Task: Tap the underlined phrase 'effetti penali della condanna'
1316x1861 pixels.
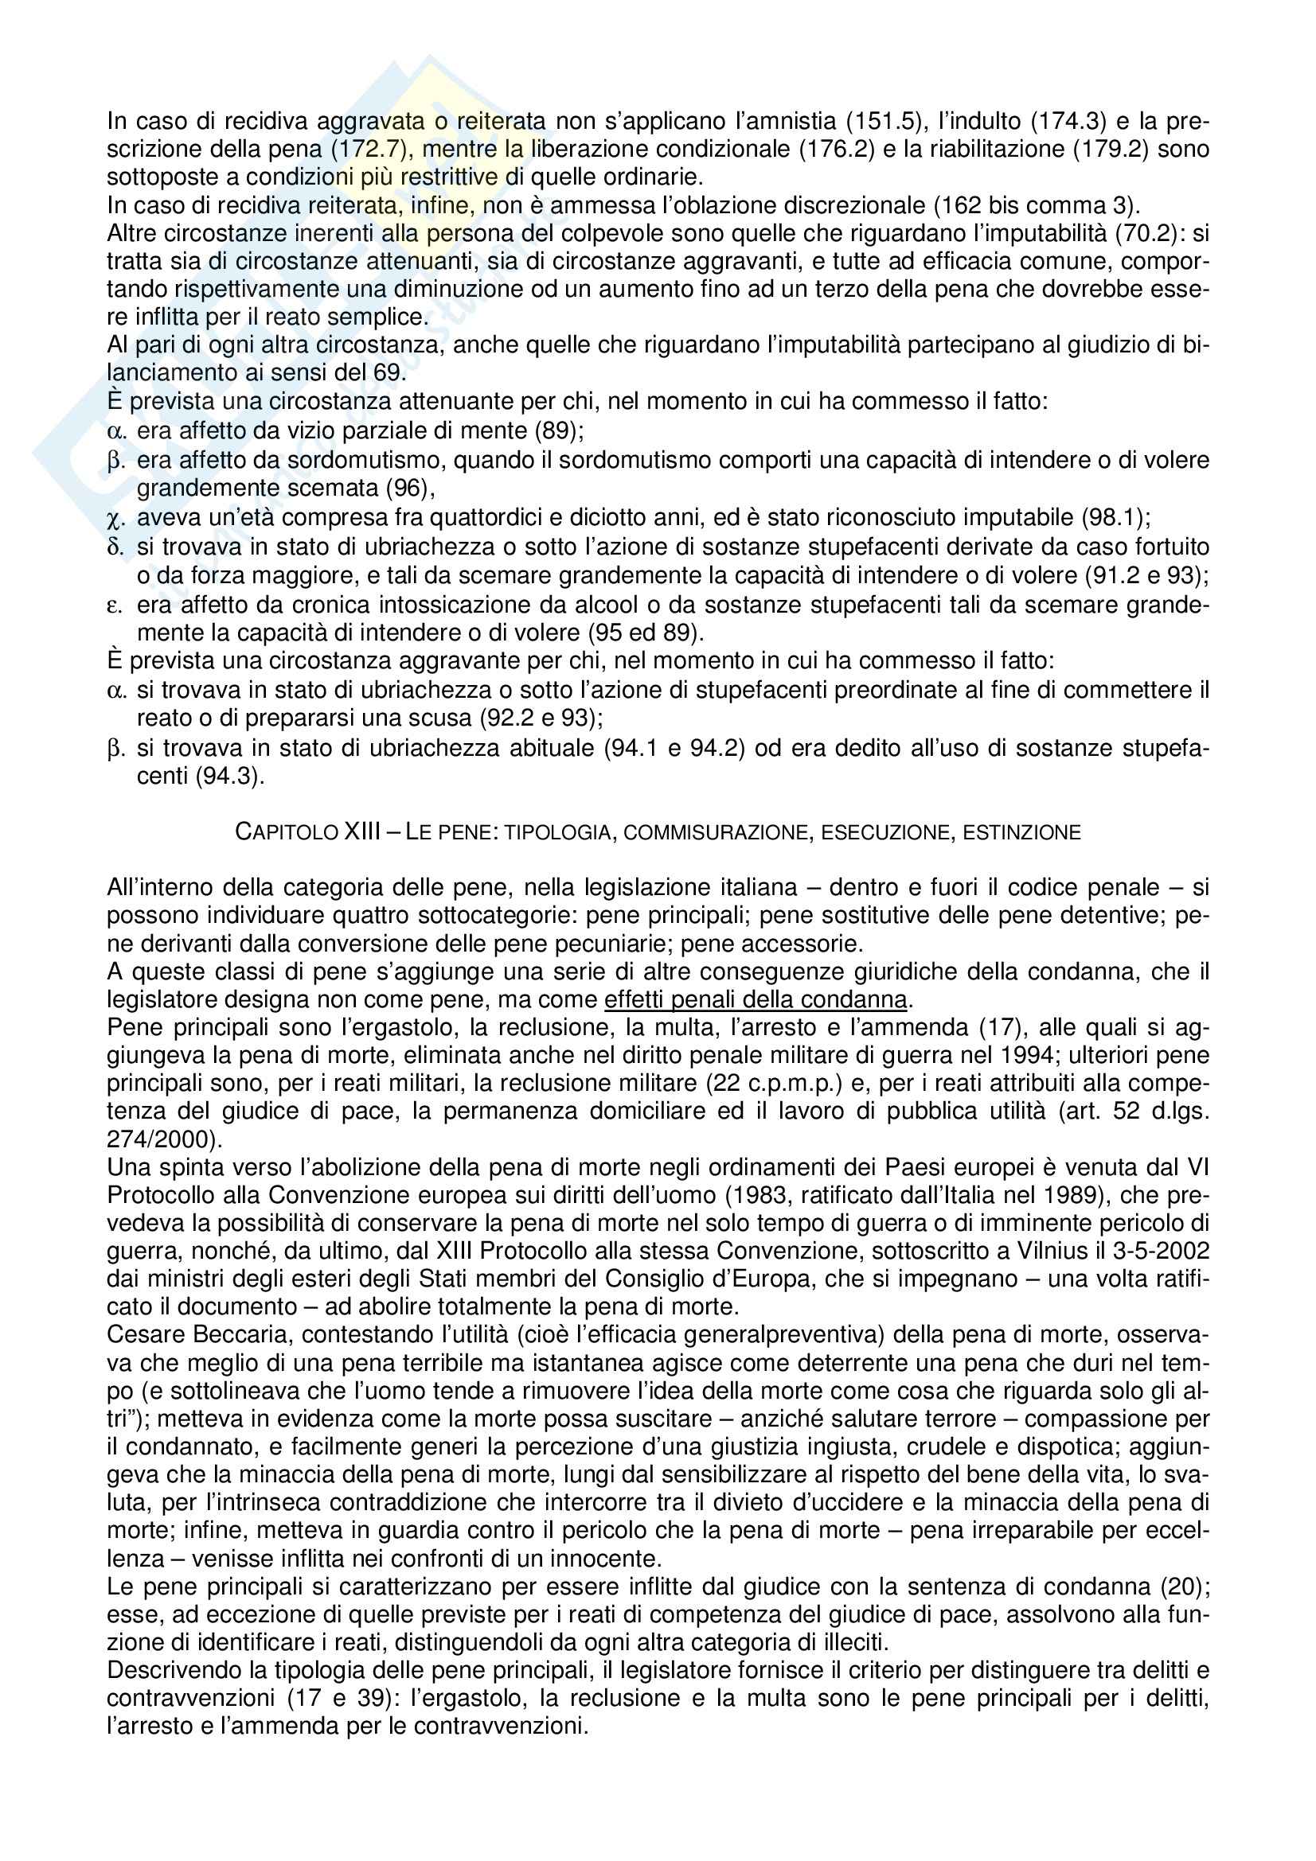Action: click(756, 999)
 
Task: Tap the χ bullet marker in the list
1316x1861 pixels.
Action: click(115, 518)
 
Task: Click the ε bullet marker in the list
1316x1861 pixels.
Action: click(115, 604)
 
